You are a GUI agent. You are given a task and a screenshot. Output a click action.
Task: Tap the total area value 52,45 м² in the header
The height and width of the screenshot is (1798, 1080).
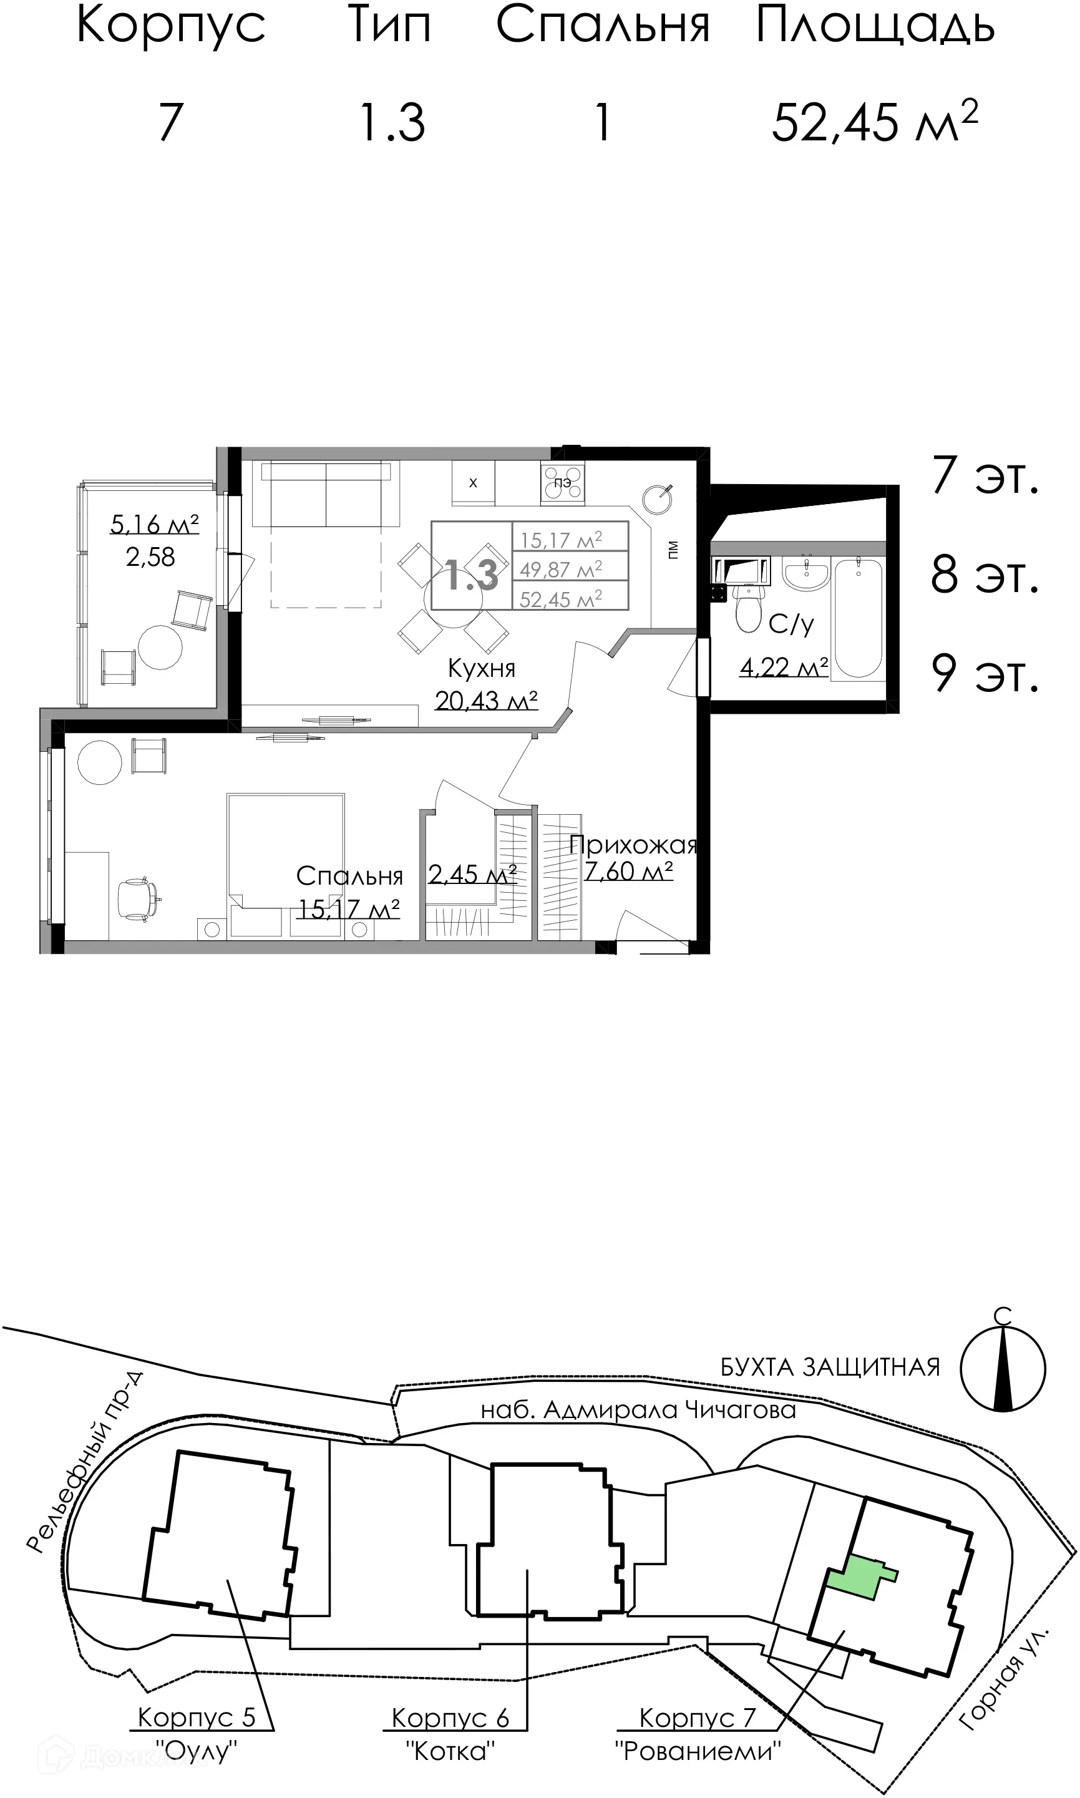point(874,122)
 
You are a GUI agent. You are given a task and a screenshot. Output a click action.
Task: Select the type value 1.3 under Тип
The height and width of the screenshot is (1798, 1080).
point(392,122)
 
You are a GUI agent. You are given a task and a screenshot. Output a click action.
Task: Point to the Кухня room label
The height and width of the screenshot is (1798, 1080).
point(481,668)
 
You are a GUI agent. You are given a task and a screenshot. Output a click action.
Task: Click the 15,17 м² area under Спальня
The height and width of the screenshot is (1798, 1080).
point(349,909)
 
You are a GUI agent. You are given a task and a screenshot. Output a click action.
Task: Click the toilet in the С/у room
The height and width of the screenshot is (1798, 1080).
point(749,608)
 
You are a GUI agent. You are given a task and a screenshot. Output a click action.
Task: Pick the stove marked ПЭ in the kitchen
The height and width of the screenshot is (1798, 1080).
point(563,482)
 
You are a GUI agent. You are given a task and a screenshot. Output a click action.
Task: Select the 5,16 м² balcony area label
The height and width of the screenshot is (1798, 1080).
point(154,524)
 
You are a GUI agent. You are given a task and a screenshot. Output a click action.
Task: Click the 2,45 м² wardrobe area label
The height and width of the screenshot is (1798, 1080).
point(472,873)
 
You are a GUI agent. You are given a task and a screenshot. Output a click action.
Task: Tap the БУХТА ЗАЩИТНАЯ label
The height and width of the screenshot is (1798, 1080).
point(830,1368)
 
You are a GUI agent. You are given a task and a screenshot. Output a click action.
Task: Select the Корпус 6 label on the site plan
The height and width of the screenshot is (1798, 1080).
point(450,1718)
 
